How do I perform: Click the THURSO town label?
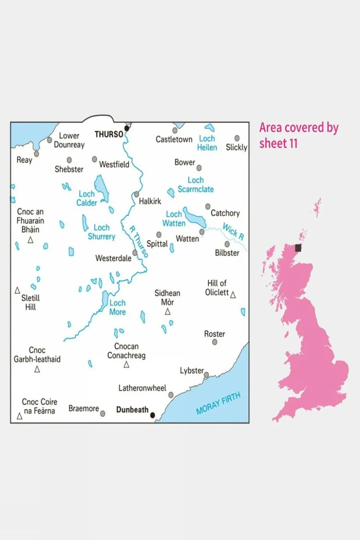coord(109,134)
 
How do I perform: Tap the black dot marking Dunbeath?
coord(152,415)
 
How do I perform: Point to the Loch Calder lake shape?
coord(101,188)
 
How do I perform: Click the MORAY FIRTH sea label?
coord(218,403)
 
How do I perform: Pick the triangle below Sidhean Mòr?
coord(168,312)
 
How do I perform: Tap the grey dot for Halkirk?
coord(137,194)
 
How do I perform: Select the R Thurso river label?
coord(139,241)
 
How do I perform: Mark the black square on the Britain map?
coord(298,248)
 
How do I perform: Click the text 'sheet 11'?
coord(278,143)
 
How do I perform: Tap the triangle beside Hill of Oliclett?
coord(233,295)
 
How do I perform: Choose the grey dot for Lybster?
coord(206,375)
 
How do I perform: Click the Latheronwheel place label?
coord(142,388)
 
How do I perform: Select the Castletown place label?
coord(174,140)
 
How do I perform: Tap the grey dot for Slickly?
coord(237,138)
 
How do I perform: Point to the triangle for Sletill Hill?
coord(17,290)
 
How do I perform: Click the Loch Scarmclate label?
coord(196,185)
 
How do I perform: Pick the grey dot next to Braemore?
coord(103,414)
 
